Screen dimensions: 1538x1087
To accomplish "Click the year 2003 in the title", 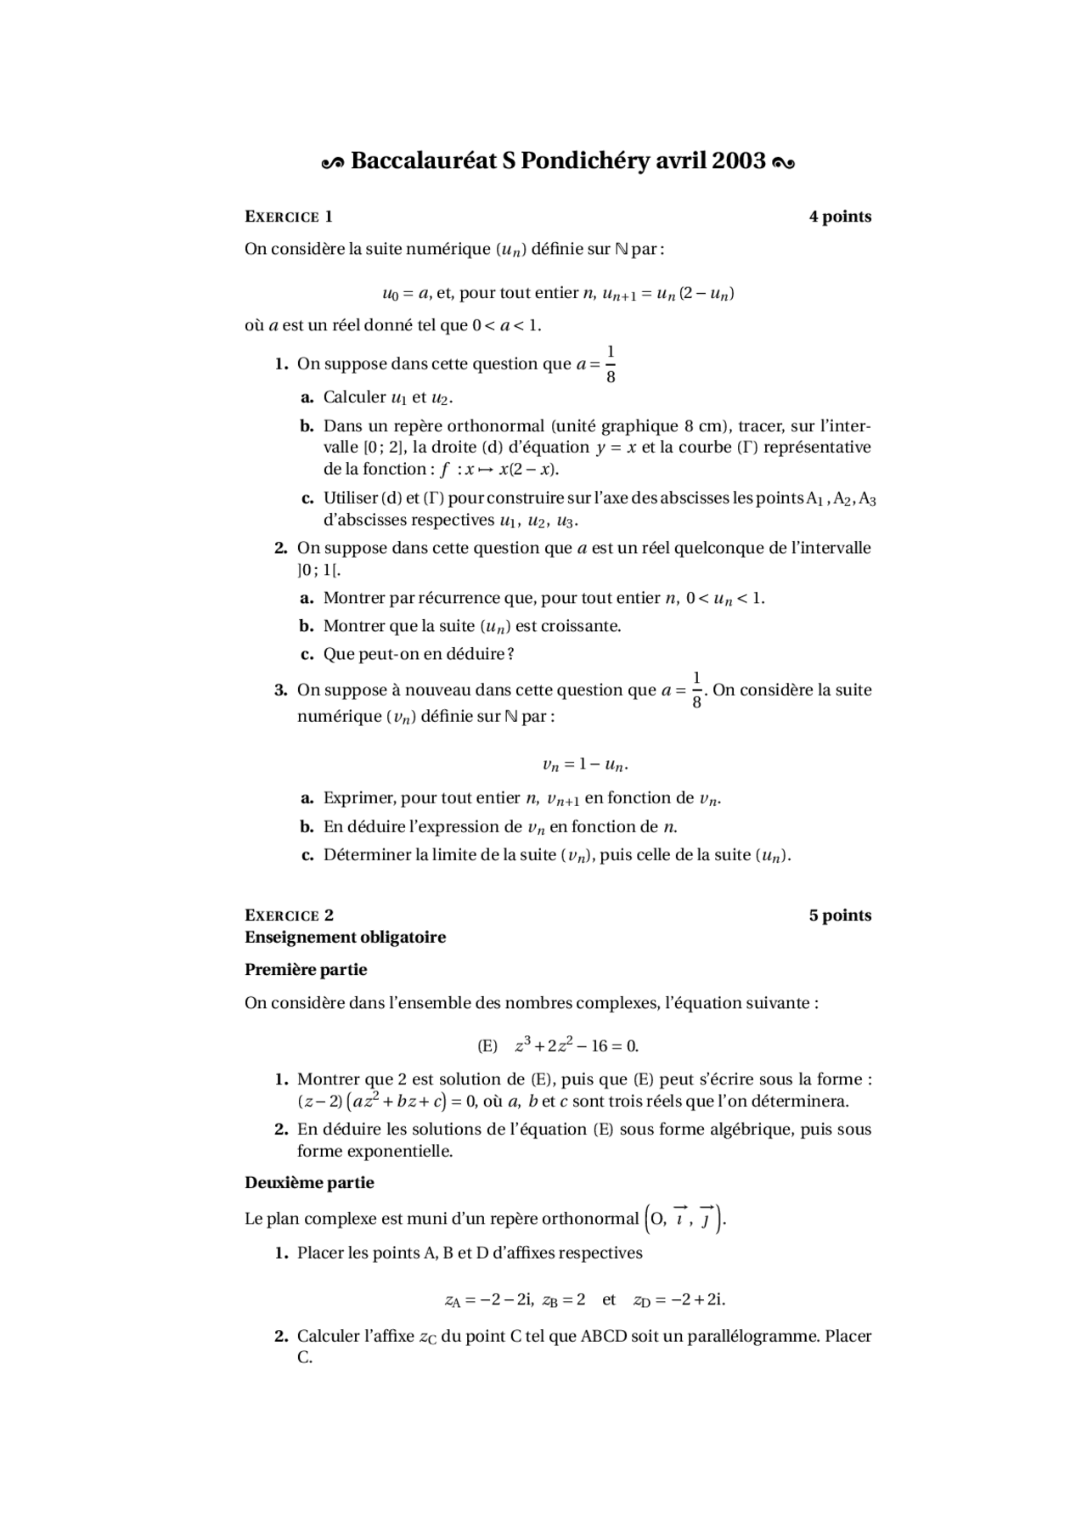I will click(x=739, y=161).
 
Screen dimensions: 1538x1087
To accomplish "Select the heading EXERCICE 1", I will click(x=289, y=217).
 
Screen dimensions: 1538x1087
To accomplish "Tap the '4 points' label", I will click(x=840, y=217).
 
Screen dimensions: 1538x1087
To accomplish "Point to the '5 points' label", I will click(x=840, y=915).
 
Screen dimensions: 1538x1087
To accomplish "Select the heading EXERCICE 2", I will click(x=289, y=915).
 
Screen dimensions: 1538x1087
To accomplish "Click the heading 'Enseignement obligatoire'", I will click(x=345, y=937).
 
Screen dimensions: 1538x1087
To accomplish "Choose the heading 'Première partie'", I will click(x=306, y=970).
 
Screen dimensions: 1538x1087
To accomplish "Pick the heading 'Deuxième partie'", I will click(x=309, y=1183).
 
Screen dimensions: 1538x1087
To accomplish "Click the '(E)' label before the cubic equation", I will click(x=487, y=1046).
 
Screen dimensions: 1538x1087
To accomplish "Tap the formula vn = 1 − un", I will click(x=585, y=765).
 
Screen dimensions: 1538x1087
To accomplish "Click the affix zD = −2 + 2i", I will click(x=679, y=1299).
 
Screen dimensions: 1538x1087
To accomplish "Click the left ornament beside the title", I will click(x=333, y=162).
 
